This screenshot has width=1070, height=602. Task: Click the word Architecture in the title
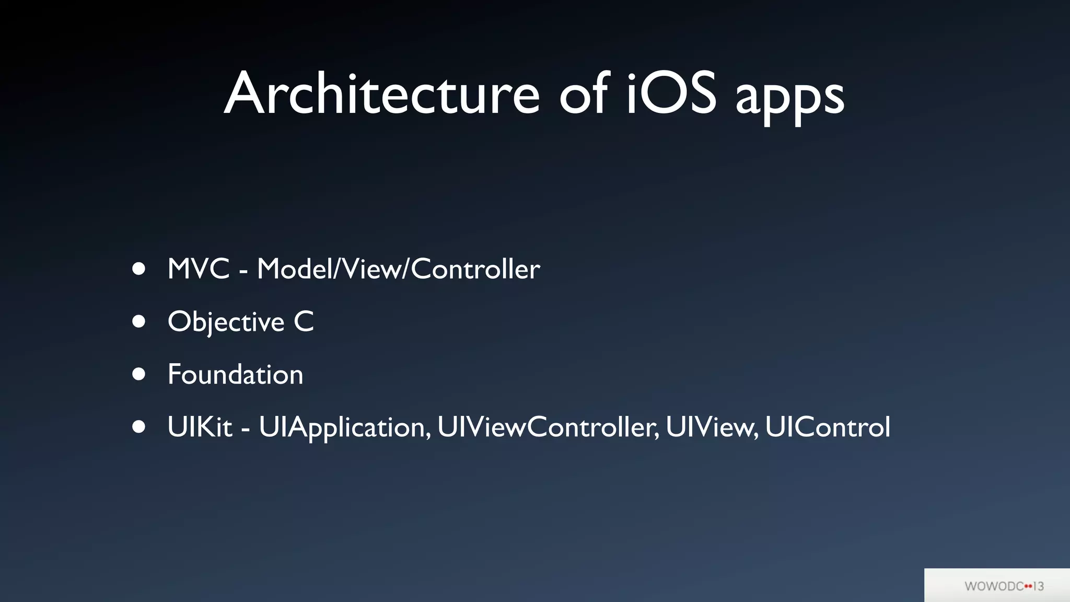click(382, 94)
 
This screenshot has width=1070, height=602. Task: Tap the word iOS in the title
click(671, 94)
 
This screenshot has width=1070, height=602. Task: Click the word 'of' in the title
click(584, 94)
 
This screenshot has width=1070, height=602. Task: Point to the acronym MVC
click(199, 269)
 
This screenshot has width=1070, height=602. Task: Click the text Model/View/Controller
click(398, 269)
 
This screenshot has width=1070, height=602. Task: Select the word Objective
click(226, 322)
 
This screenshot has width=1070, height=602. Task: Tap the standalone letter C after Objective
click(304, 321)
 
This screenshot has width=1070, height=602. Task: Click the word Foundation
click(235, 374)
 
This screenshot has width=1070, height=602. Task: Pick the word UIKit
click(200, 427)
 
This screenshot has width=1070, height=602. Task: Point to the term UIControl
click(828, 427)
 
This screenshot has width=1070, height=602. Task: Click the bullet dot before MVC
click(138, 269)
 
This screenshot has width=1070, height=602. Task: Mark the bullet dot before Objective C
click(138, 321)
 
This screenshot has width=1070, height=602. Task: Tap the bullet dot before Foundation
click(138, 374)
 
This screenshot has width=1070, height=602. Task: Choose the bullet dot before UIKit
click(138, 426)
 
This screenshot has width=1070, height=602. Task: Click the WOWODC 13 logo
click(1004, 586)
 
